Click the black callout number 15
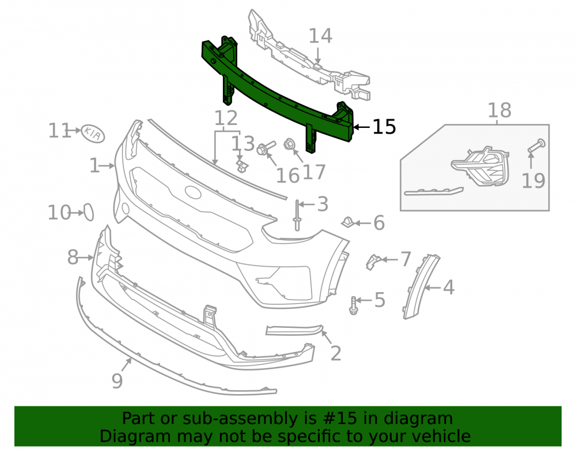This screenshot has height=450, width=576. (x=384, y=127)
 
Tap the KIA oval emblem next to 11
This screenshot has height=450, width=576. (x=93, y=134)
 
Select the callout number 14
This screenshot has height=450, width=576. (x=320, y=36)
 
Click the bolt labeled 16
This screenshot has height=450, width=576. (x=266, y=149)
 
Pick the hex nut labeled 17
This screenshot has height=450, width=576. (x=290, y=145)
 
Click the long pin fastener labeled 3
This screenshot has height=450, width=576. (x=297, y=215)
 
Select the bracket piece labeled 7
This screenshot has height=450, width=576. (x=373, y=261)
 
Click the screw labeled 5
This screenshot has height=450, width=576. (x=354, y=305)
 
